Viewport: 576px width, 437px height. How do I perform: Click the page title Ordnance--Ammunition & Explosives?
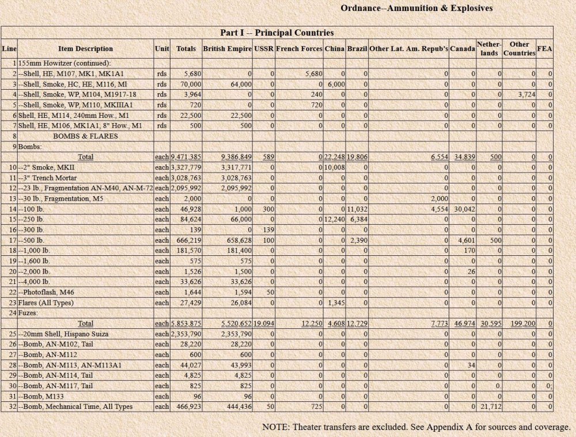[x=416, y=8]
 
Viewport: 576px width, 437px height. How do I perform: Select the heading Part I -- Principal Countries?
[x=277, y=33]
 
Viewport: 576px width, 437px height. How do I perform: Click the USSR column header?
[x=264, y=49]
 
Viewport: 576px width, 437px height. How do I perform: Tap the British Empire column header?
[x=227, y=49]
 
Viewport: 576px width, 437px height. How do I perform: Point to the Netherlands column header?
[x=489, y=49]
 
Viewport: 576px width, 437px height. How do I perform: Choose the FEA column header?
[x=544, y=49]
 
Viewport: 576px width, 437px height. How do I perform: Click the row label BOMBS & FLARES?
[x=85, y=136]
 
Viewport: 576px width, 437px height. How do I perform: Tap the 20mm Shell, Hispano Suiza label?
[x=71, y=333]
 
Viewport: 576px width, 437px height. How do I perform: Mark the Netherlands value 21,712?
[x=488, y=407]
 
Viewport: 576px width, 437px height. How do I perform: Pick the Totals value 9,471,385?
[x=185, y=156]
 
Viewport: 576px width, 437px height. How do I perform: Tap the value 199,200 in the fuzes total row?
[x=522, y=324]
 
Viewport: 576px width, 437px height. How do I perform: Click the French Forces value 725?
[x=314, y=407]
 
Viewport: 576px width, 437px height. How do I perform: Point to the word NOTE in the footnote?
[x=275, y=427]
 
